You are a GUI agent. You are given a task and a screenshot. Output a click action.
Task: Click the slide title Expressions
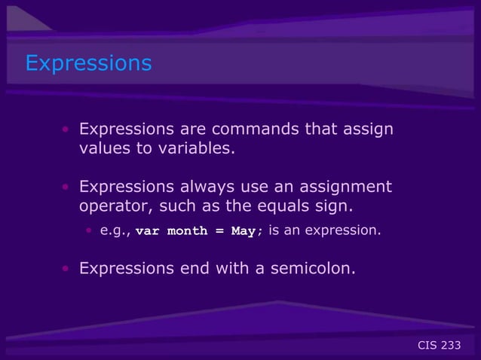[x=88, y=63]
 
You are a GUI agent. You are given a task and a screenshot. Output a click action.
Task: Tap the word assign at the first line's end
[x=368, y=129]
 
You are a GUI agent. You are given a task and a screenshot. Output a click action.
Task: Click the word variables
[x=195, y=148]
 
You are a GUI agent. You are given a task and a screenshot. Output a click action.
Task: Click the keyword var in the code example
[x=147, y=231]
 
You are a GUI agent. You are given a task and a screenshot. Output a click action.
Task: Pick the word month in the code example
[x=187, y=231]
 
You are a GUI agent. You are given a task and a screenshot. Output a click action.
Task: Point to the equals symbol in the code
[x=219, y=231]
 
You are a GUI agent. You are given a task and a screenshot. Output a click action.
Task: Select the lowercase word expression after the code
[x=349, y=230]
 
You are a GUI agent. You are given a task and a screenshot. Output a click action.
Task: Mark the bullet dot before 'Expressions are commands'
[x=66, y=130]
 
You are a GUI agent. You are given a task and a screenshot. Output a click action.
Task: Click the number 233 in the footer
[x=451, y=346]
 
